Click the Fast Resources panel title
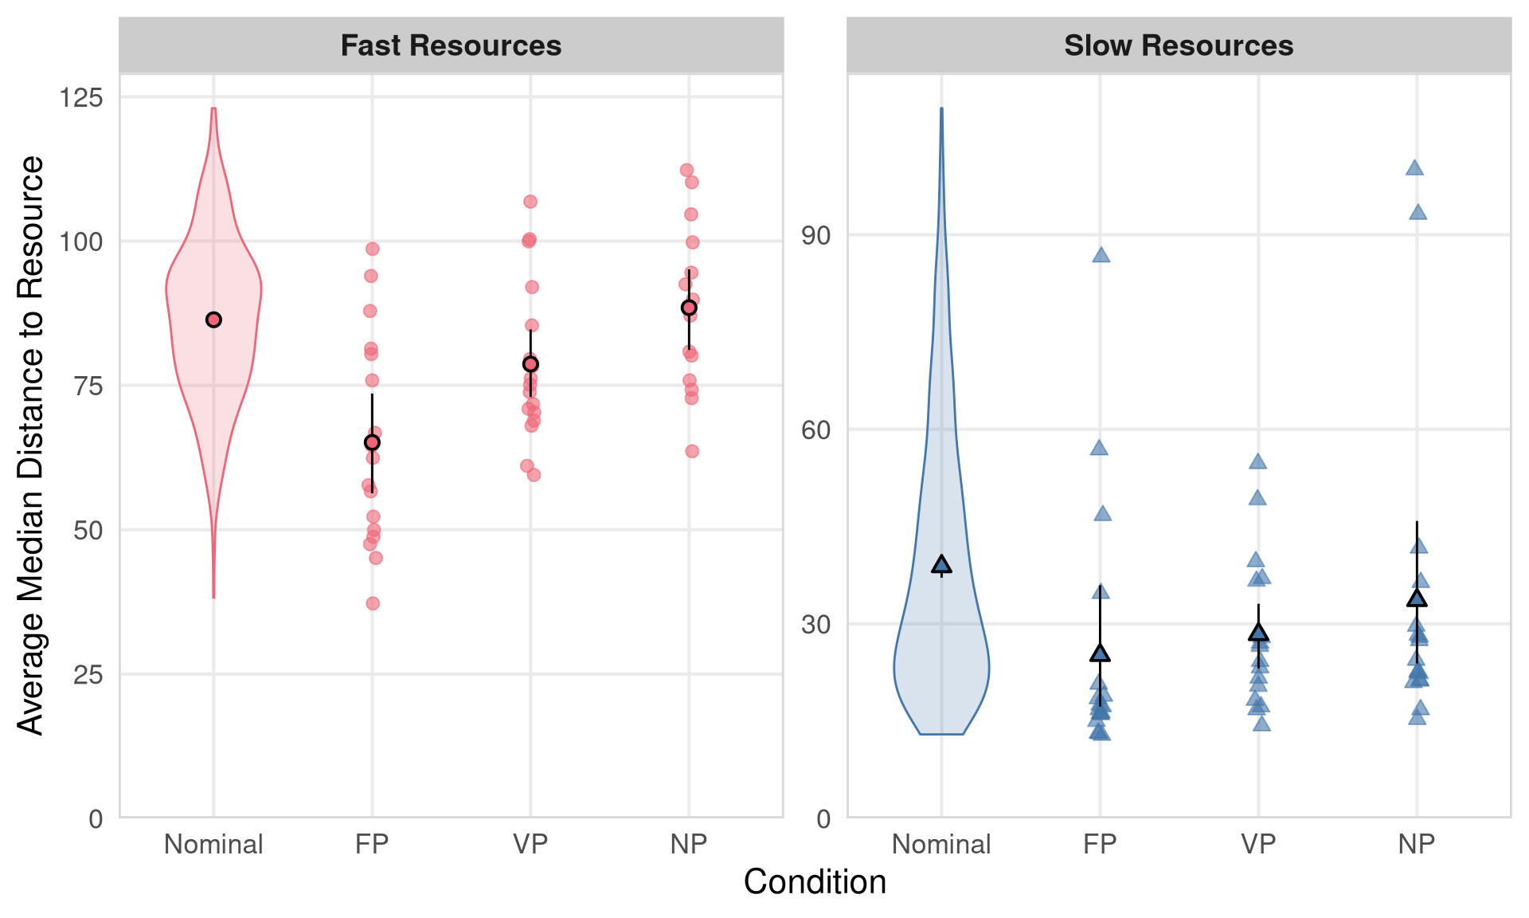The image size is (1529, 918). tap(451, 45)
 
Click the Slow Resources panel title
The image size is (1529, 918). tap(1179, 45)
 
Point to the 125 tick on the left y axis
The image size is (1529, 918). tap(81, 97)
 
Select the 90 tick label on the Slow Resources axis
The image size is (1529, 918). tap(816, 235)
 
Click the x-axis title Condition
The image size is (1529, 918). tap(815, 882)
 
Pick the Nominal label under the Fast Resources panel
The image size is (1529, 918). tap(213, 844)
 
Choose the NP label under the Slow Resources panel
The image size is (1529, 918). tap(1416, 844)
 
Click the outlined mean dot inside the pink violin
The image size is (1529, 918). tap(213, 320)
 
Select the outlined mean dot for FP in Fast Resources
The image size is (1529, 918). tap(372, 442)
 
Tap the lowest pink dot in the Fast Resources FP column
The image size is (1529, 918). tap(373, 603)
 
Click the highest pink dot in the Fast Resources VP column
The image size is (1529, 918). tap(530, 202)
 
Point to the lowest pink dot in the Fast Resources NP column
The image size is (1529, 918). tap(692, 451)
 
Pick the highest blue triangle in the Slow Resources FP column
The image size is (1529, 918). tap(1101, 255)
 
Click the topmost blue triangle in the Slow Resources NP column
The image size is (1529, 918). tap(1414, 168)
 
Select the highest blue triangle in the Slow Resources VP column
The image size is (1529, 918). tap(1257, 461)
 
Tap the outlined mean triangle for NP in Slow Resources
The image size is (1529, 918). tap(1417, 598)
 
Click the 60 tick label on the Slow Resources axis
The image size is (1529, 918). tap(816, 430)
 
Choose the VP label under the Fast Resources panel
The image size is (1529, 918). tap(530, 844)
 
